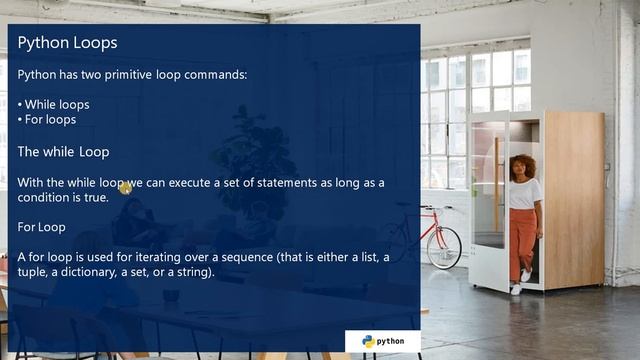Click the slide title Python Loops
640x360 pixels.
pos(67,43)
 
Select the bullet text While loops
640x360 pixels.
pos(56,104)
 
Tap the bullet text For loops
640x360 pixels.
pos(50,120)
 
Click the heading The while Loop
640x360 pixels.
pos(63,152)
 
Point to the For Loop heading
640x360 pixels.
pos(42,227)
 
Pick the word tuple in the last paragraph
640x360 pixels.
pos(33,272)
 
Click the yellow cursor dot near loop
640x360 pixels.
pos(125,187)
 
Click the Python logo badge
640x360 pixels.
pos(382,341)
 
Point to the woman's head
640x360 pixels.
pos(524,165)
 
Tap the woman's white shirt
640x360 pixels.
pos(525,193)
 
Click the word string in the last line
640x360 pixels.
pos(190,272)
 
